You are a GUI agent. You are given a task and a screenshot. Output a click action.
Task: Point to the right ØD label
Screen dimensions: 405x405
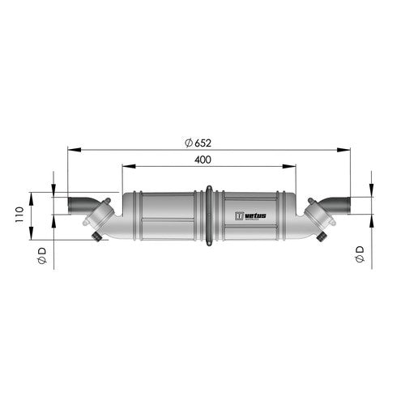pos(359,257)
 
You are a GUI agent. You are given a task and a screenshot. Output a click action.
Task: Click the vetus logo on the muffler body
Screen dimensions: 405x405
pos(250,216)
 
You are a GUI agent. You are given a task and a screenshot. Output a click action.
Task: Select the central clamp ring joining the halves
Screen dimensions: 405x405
pos(210,216)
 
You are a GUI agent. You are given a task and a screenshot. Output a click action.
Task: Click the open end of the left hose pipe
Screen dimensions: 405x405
pos(70,205)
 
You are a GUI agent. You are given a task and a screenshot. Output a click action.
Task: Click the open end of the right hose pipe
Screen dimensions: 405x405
pos(349,205)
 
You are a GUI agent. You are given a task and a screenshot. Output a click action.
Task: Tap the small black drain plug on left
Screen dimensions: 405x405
pos(98,237)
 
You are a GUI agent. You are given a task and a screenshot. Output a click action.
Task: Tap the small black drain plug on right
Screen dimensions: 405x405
pos(322,237)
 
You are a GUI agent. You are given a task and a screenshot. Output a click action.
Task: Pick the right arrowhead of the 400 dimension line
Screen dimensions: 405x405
pos(293,168)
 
